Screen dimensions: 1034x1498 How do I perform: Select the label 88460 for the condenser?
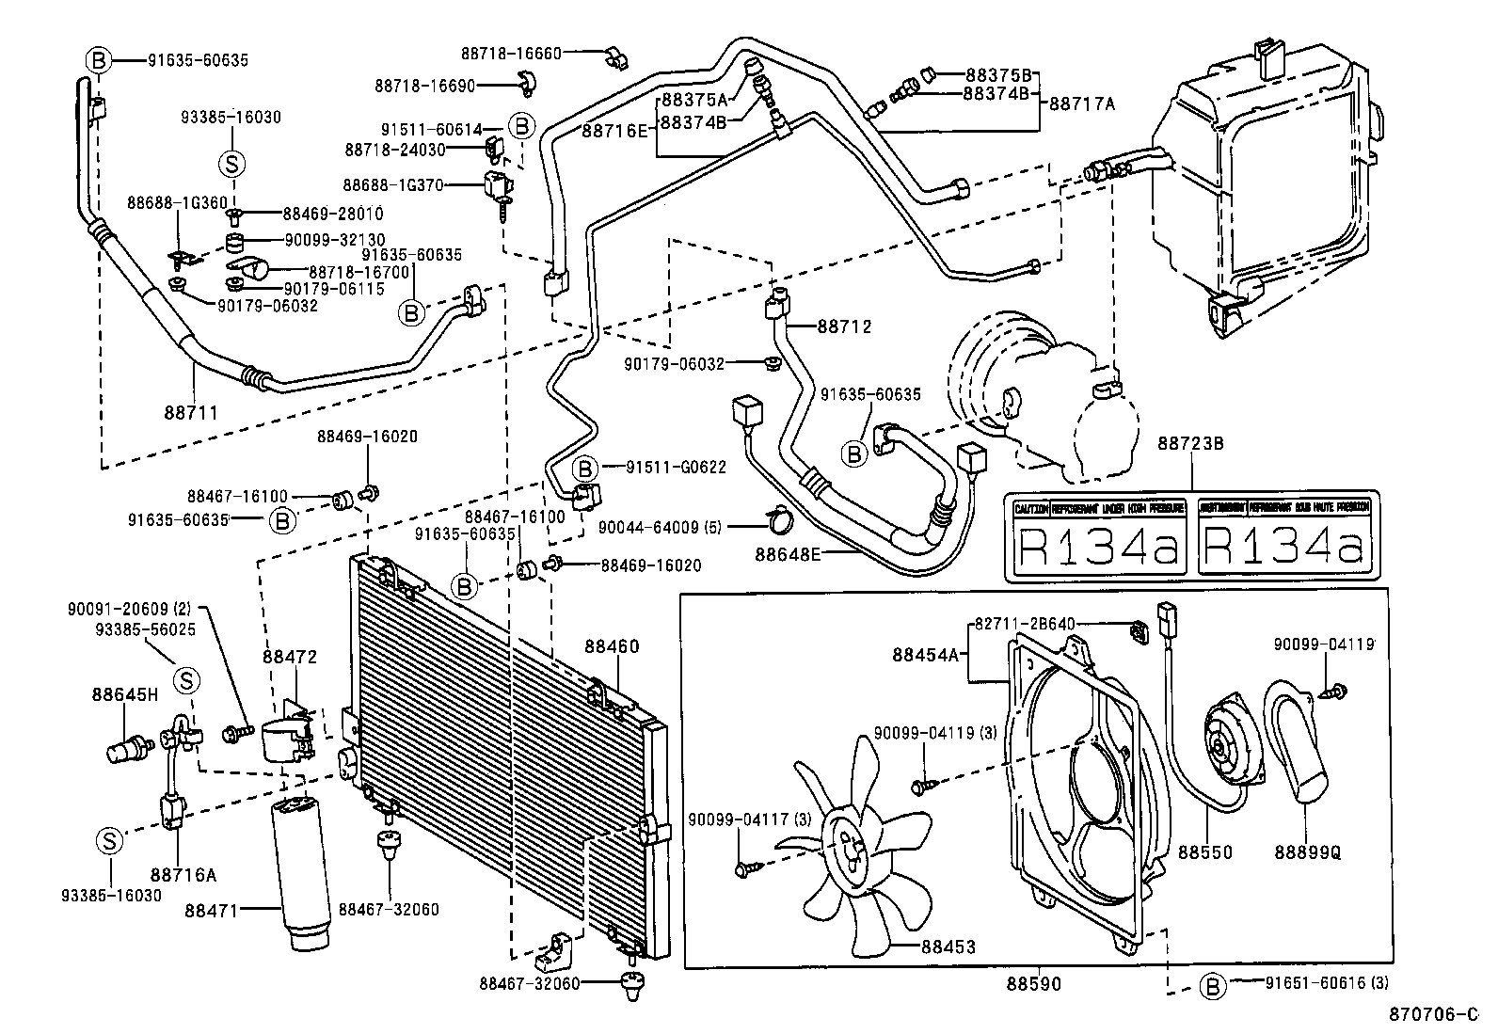coord(612,647)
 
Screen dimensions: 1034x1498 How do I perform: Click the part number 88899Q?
coord(1307,852)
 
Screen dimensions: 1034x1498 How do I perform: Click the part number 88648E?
coord(788,553)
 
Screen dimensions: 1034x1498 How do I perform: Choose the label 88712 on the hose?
coord(844,327)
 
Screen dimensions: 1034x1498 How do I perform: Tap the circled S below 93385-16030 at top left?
coord(231,164)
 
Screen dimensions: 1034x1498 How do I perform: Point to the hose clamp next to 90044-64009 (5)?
coord(779,518)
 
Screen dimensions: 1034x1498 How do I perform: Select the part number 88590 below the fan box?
coord(1033,984)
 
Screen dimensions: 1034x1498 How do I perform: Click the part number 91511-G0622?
coord(677,468)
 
